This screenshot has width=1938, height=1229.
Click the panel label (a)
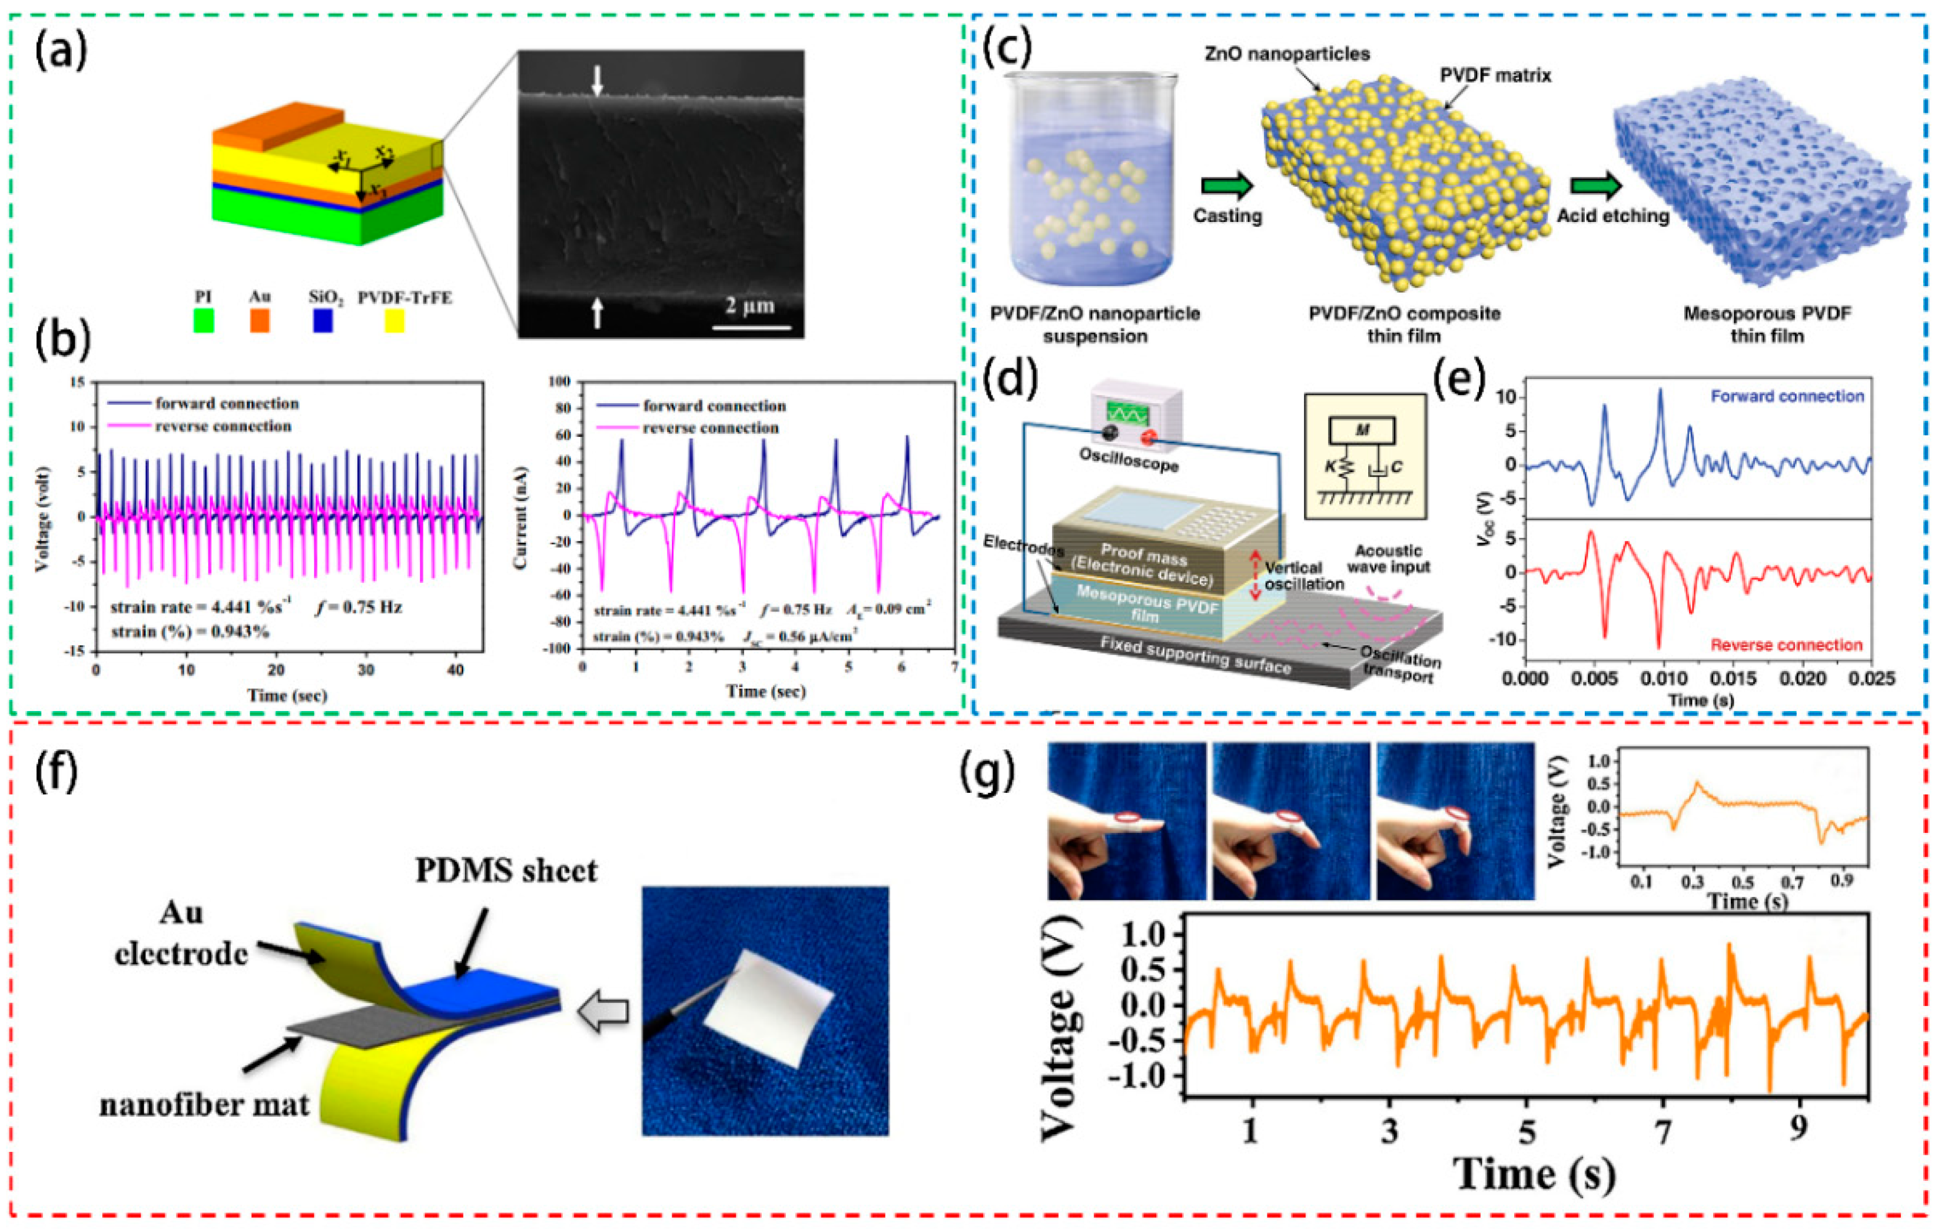61,52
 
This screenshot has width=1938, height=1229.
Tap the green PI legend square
204,321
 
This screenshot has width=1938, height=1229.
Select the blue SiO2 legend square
323,321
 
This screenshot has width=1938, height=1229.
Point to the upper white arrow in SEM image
596,81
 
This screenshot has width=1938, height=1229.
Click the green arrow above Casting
1226,187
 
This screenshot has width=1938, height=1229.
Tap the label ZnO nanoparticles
1287,55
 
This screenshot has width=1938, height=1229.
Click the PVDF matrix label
1495,76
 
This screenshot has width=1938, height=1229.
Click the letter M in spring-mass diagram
1363,430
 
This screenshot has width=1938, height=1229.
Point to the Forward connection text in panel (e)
1787,396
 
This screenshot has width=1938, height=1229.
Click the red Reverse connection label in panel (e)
1787,645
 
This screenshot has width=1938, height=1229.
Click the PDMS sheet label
506,871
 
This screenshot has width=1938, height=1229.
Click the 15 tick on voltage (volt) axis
77,383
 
